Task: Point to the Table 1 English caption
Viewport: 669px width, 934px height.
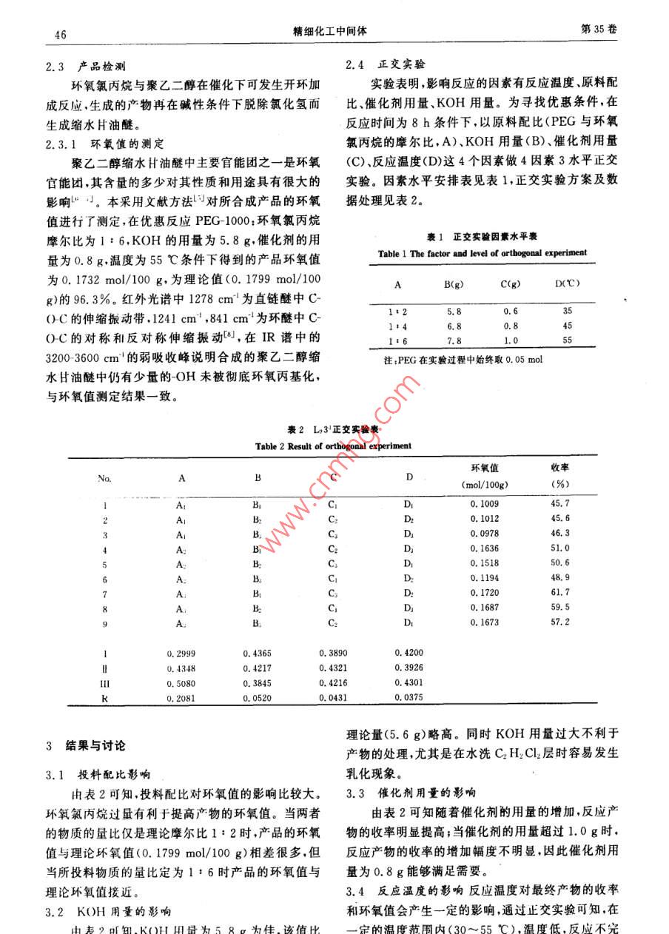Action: [483, 253]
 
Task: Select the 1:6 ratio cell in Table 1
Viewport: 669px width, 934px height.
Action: [397, 340]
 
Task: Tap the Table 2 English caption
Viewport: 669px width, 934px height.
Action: [334, 446]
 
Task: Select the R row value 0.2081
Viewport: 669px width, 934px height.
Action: [181, 698]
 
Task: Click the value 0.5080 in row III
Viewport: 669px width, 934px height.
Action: [181, 684]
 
